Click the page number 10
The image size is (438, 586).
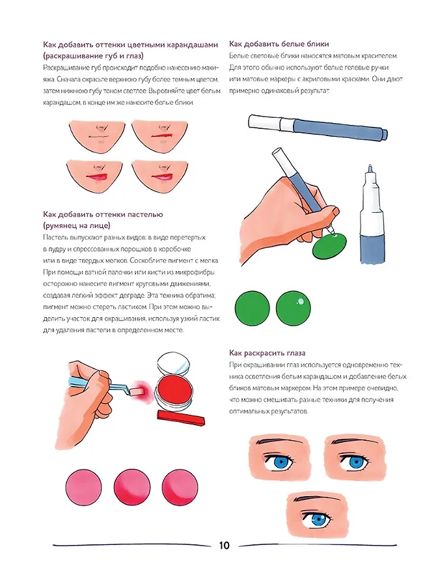tap(224, 546)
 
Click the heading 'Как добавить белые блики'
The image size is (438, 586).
tap(279, 44)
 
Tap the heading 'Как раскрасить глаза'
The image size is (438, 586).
tap(267, 353)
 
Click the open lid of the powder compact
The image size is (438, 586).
tap(174, 365)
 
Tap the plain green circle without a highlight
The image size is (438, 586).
tap(253, 308)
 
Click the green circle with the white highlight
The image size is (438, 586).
tap(294, 308)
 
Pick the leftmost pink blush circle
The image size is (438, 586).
tap(84, 487)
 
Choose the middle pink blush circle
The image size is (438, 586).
tap(132, 487)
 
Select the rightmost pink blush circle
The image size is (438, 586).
tap(180, 487)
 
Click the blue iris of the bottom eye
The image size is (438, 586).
tap(318, 520)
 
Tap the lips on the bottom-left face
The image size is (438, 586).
tap(98, 176)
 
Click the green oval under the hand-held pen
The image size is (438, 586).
tap(330, 245)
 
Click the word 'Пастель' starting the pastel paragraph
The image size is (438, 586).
tap(55, 238)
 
